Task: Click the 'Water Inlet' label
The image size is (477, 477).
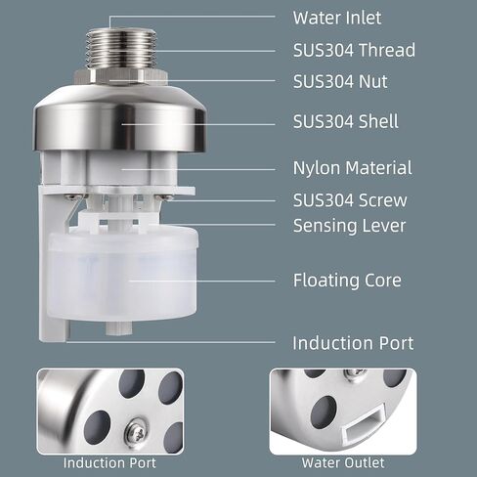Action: pos(337,18)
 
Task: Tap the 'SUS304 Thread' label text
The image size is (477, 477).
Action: pos(354,50)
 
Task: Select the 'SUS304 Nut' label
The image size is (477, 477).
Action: pos(340,81)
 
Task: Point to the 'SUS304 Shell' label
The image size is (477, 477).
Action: pos(345,121)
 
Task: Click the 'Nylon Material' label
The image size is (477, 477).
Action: pos(352,168)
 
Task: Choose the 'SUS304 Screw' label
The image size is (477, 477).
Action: pos(350,200)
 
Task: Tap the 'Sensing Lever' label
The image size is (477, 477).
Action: pos(349,226)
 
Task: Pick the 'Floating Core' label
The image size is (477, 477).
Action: pos(347,281)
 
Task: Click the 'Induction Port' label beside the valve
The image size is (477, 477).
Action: pos(353,343)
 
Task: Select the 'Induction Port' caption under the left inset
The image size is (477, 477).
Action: pos(109,463)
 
